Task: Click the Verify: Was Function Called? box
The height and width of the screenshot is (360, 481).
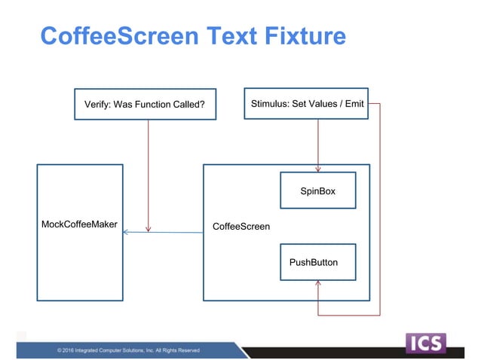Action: click(146, 104)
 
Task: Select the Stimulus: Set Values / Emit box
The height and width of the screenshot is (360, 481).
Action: click(308, 103)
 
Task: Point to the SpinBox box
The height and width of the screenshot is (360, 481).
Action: click(317, 191)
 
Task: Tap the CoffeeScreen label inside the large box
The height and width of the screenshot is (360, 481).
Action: click(241, 226)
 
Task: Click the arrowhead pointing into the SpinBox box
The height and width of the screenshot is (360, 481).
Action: click(318, 169)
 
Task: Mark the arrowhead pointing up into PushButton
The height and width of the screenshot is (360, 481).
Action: click(318, 283)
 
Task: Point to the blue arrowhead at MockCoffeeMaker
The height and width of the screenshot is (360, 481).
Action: click(126, 232)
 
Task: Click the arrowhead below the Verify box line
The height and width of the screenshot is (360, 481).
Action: click(149, 229)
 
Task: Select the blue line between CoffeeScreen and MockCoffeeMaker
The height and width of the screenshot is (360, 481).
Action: click(166, 232)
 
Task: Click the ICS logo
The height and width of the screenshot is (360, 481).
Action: click(426, 343)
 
